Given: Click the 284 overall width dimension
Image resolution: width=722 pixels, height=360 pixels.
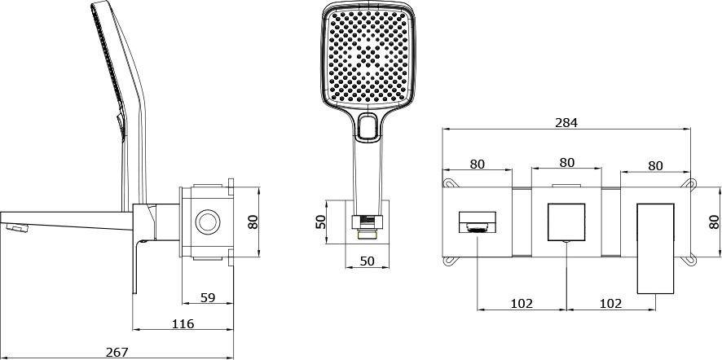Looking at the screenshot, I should (566, 122).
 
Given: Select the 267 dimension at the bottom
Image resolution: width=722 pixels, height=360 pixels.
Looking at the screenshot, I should (117, 352).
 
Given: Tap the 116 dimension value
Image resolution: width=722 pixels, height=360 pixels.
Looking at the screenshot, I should (183, 324).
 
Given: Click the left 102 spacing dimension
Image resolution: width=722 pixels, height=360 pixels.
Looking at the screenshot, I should (522, 303).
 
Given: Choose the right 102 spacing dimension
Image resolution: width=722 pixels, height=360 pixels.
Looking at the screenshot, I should (610, 303).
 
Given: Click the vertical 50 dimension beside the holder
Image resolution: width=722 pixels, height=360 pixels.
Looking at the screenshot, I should (320, 220).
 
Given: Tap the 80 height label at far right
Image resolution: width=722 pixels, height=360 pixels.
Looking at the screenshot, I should (715, 222).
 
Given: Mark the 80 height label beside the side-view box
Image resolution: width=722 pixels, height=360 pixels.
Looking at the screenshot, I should (253, 222).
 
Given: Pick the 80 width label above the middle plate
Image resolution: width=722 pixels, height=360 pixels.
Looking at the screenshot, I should (566, 163).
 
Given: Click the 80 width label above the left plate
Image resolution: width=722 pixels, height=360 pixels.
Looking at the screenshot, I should (478, 164).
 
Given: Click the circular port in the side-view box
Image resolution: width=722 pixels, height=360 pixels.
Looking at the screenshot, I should (207, 222).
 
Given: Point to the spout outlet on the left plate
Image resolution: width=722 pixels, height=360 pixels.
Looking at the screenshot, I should (478, 222).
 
